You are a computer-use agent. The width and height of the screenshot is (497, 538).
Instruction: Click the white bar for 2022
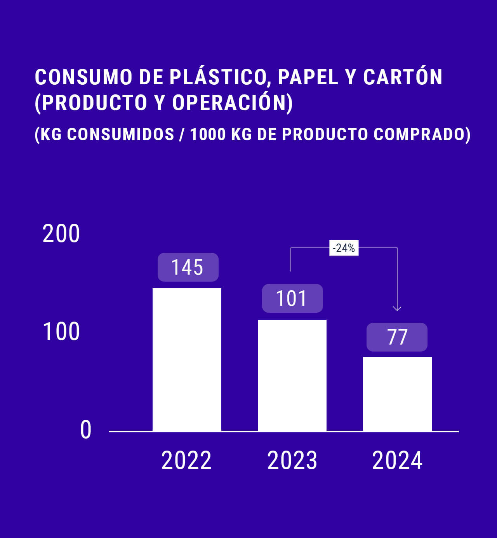pyautogui.click(x=187, y=359)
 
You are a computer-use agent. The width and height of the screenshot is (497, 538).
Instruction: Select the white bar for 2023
pyautogui.click(x=292, y=375)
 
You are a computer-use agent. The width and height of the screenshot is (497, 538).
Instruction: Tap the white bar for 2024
pyautogui.click(x=397, y=393)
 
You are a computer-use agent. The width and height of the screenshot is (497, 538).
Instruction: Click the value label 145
pyautogui.click(x=188, y=267)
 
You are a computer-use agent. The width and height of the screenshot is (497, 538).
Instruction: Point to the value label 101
pyautogui.click(x=292, y=298)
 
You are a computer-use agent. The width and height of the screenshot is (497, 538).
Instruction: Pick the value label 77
pyautogui.click(x=397, y=337)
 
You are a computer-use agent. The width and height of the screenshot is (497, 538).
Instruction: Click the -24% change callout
pyautogui.click(x=344, y=248)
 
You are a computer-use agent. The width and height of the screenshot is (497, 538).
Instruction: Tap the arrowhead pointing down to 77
pyautogui.click(x=397, y=308)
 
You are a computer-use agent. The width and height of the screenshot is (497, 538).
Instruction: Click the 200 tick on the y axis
pyautogui.click(x=61, y=234)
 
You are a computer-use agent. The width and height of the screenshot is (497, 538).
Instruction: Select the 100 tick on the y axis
pyautogui.click(x=61, y=332)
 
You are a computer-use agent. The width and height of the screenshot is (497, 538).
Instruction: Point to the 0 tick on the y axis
pyautogui.click(x=86, y=430)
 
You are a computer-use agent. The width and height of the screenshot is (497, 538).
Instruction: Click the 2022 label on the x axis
pyautogui.click(x=186, y=460)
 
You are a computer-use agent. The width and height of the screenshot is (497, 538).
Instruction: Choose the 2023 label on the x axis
pyautogui.click(x=292, y=460)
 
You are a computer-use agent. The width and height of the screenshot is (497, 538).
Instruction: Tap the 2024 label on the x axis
pyautogui.click(x=397, y=460)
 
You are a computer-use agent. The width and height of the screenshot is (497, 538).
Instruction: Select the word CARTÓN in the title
pyautogui.click(x=403, y=77)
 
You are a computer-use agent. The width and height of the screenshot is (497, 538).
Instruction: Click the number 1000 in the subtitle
pyautogui.click(x=208, y=134)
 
